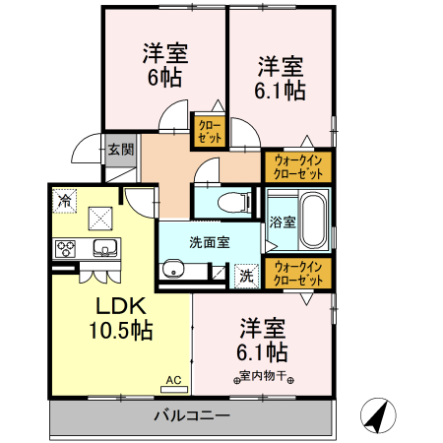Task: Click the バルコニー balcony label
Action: click(x=192, y=415)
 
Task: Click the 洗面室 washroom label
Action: click(x=210, y=243)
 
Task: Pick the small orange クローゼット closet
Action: click(x=210, y=131)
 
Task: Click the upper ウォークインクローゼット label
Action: click(x=298, y=166)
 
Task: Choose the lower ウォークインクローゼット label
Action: click(x=298, y=273)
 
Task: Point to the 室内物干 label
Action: click(x=262, y=375)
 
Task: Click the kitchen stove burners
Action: click(x=67, y=247)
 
